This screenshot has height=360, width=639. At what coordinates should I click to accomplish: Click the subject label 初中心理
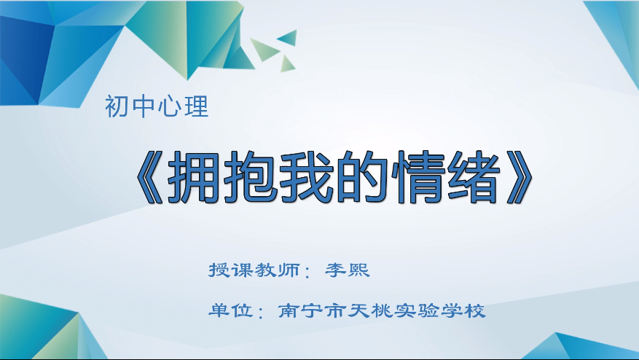click(x=157, y=106)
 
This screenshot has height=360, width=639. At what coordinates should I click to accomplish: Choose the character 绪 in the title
click(x=474, y=177)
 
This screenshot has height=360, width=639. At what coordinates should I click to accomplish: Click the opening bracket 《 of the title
click(x=149, y=177)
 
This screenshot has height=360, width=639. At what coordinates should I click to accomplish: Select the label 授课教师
click(x=254, y=270)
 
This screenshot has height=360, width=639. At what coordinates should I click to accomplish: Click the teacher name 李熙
click(x=348, y=270)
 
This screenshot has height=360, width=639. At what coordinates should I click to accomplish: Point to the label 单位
click(x=231, y=310)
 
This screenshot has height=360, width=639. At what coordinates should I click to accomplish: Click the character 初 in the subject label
click(x=117, y=106)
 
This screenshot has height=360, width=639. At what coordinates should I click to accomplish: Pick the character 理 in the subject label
click(x=197, y=106)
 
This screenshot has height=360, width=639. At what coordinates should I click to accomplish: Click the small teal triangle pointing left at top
click(x=289, y=38)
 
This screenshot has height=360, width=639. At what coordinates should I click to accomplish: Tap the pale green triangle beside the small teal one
click(x=262, y=49)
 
